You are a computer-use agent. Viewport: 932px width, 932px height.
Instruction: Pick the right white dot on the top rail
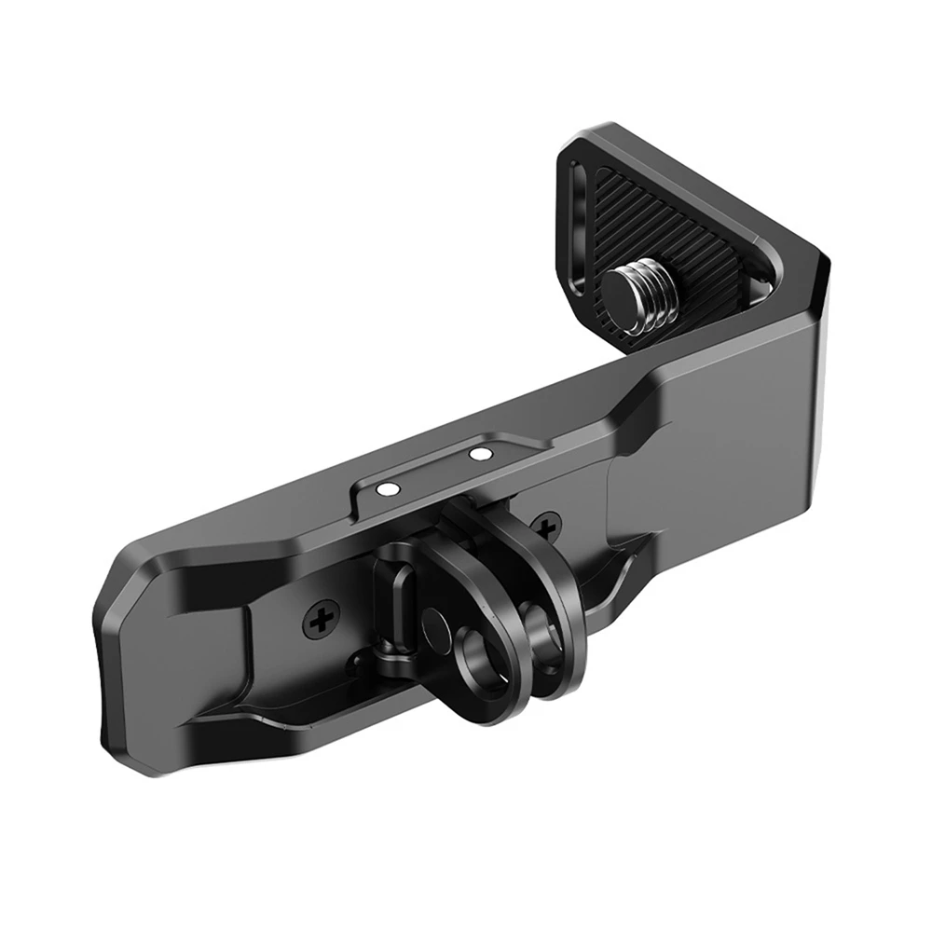point(481,455)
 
